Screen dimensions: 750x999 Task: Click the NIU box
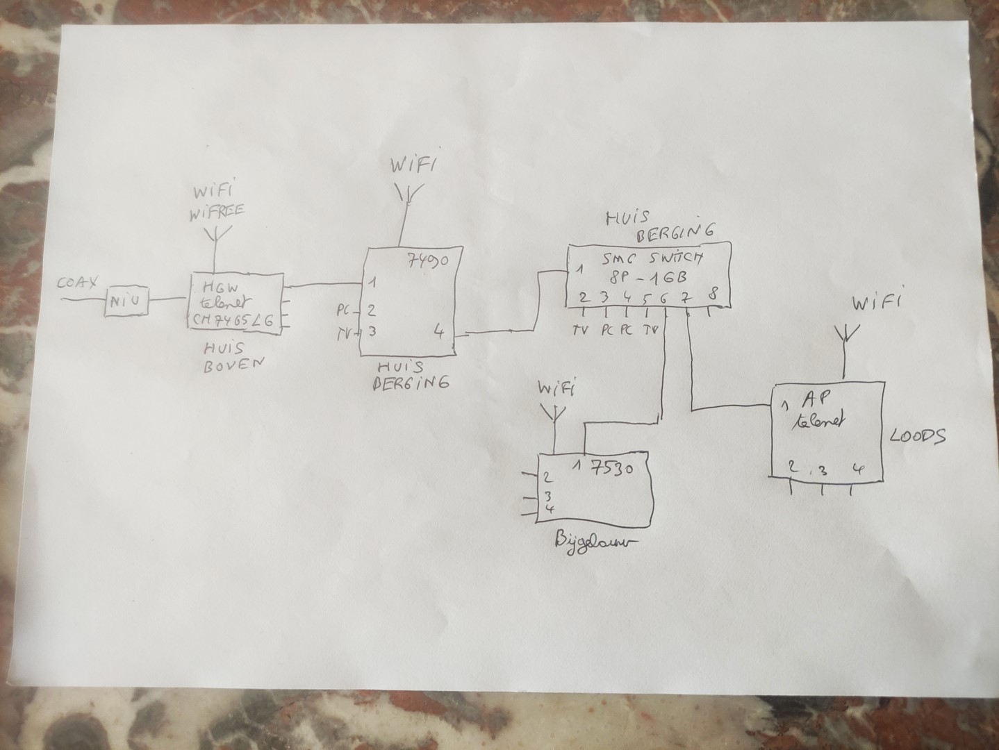point(126,301)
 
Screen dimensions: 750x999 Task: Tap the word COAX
point(79,283)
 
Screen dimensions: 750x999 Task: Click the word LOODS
point(917,437)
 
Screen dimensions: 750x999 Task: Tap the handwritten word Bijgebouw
point(595,541)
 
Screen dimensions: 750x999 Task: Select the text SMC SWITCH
point(652,258)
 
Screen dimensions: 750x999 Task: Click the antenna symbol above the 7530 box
point(554,415)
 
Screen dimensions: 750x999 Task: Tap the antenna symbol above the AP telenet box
point(845,334)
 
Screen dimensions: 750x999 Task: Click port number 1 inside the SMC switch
point(576,268)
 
